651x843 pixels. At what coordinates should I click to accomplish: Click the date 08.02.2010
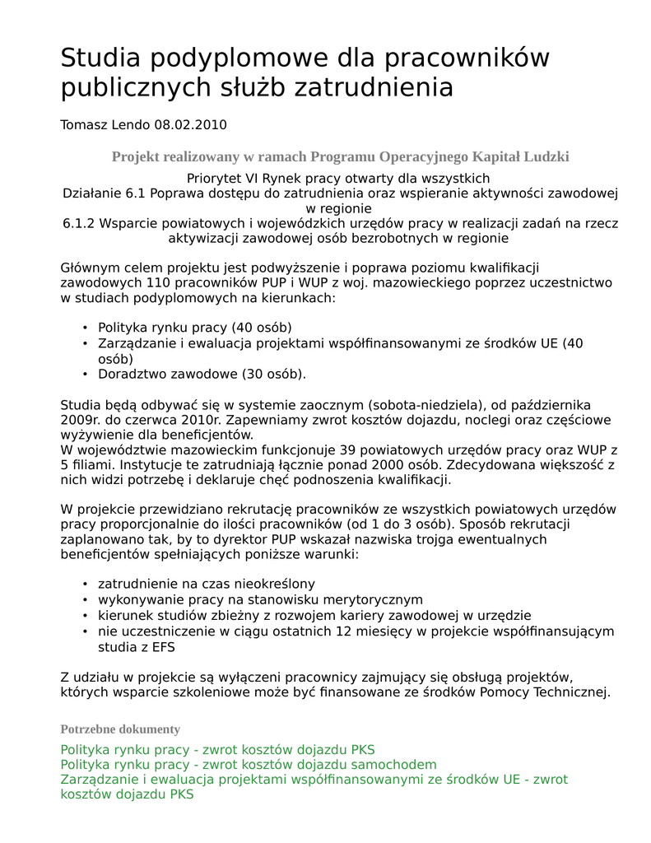click(190, 125)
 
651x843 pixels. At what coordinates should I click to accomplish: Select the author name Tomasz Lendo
click(105, 125)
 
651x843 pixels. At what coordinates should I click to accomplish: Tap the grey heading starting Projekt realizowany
click(340, 156)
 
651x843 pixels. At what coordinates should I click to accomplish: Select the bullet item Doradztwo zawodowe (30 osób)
click(202, 374)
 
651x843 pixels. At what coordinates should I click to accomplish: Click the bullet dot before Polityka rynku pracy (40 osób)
click(85, 328)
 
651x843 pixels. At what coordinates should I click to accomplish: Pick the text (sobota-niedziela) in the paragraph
click(425, 405)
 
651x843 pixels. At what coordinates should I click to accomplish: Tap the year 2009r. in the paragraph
click(80, 420)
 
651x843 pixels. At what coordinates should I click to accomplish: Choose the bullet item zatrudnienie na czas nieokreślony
click(207, 584)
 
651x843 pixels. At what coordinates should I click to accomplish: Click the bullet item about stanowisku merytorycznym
click(260, 599)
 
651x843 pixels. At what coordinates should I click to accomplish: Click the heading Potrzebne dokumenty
click(120, 729)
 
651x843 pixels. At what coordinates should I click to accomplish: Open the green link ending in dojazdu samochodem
click(249, 765)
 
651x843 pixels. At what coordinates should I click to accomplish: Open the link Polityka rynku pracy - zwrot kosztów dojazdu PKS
click(217, 750)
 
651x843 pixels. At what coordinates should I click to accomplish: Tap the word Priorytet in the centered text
click(216, 179)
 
